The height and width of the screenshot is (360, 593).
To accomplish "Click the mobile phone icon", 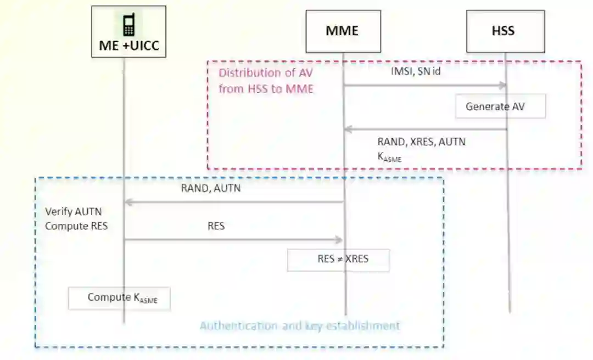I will [x=128, y=25].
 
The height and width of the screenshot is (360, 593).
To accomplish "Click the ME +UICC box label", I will [x=129, y=46].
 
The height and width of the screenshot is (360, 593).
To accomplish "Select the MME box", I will [x=343, y=30].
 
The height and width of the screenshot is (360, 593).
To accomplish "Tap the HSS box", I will [x=505, y=31].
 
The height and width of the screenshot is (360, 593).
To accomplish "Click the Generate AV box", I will [x=500, y=106].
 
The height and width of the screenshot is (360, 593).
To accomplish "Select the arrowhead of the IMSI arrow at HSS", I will [x=502, y=86].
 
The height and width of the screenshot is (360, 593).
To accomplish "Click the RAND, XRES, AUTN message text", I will [x=421, y=142].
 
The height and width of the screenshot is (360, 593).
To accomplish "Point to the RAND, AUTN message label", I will [x=211, y=189].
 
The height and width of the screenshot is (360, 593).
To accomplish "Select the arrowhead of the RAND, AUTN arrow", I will [x=129, y=202].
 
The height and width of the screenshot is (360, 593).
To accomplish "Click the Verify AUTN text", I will [x=74, y=212].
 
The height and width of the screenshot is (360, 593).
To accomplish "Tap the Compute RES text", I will [x=76, y=226].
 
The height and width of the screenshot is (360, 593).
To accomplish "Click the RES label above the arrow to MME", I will [x=216, y=226].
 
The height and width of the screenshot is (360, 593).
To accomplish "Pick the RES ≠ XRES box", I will [x=338, y=260].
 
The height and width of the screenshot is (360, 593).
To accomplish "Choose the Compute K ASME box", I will [x=119, y=298].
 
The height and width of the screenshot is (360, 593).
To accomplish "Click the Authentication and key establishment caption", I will [x=300, y=326].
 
